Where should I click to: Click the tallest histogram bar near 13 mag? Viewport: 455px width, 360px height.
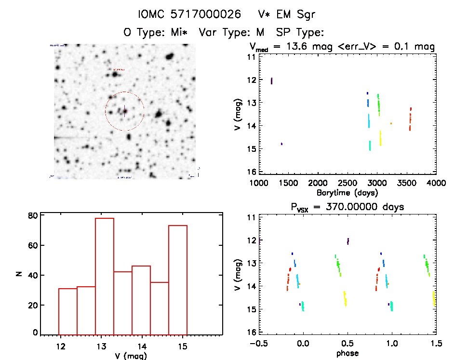104,276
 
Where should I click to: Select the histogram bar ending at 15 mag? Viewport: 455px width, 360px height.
177,280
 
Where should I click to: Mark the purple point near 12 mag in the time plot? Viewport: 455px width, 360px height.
271,80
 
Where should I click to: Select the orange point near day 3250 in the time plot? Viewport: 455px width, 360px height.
391,123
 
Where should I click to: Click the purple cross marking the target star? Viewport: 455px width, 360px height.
124,111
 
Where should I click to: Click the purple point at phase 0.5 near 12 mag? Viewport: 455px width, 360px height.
348,240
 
